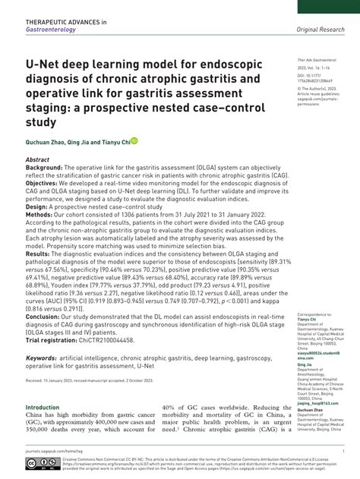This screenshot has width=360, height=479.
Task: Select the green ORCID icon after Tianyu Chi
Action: point(134,140)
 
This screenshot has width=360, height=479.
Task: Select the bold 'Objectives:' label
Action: point(46,190)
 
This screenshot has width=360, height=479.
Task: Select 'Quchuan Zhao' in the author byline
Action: point(44,141)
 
